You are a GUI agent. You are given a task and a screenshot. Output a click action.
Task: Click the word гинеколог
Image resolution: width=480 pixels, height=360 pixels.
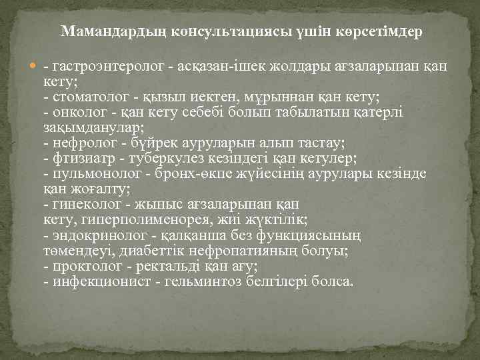point(79,204)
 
